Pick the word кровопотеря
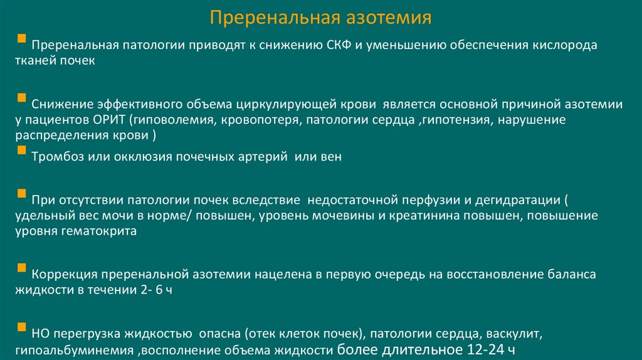point(259,120)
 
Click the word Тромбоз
point(55,157)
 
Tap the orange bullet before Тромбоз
point(22,151)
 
